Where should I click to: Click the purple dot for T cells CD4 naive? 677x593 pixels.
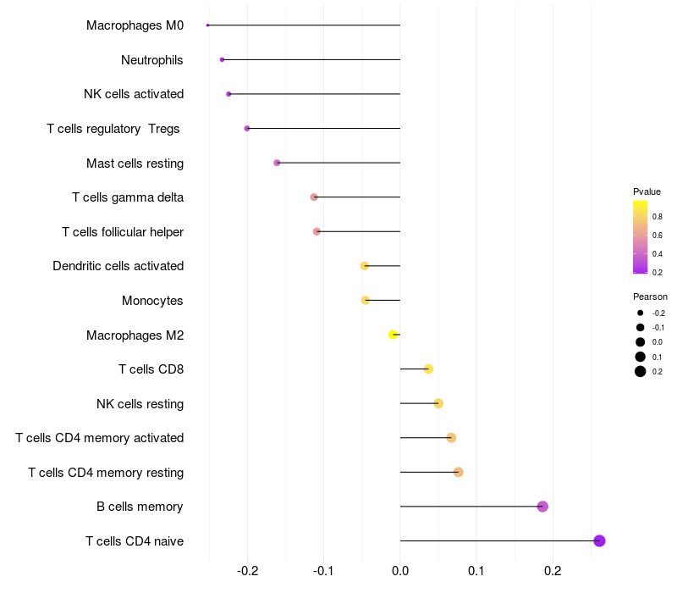point(599,540)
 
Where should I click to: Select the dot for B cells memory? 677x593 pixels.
point(542,507)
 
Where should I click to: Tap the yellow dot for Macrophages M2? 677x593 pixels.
point(393,335)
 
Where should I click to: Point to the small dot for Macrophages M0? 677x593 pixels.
point(207,25)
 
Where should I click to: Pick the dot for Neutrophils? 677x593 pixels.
point(222,59)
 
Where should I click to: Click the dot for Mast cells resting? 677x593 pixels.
point(277,163)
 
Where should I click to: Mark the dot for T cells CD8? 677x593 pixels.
point(428,369)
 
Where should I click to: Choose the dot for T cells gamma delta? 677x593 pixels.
point(314,197)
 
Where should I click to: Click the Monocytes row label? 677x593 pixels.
point(152,301)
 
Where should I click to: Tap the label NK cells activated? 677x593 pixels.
point(134,94)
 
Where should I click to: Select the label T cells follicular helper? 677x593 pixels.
point(123,232)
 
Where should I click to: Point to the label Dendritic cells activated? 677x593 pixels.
point(118,266)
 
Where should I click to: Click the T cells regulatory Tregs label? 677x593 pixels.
point(113,129)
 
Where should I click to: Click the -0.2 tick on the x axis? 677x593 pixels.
point(247,572)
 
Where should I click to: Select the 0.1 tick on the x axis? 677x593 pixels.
point(476,572)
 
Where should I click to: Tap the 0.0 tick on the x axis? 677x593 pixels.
point(400,572)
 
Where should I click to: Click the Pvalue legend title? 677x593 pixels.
point(647,191)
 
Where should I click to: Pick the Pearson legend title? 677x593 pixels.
point(650,296)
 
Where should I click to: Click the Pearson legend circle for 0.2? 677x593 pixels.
point(641,371)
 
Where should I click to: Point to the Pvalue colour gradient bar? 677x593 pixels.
point(641,238)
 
